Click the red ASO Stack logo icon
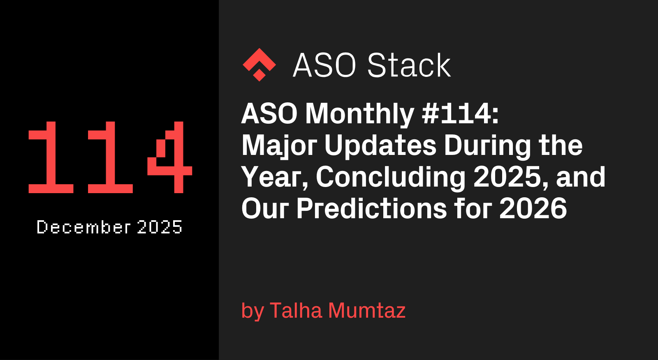click(259, 65)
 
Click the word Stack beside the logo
click(409, 65)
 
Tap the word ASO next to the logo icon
click(324, 65)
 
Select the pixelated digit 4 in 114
click(169, 157)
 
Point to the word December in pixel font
click(83, 227)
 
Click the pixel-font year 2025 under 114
click(160, 227)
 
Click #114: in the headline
click(460, 114)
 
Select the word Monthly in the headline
click(359, 114)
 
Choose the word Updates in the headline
click(380, 146)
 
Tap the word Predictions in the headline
click(371, 209)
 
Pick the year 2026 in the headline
click(533, 209)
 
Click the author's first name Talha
click(296, 310)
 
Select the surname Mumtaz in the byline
click(367, 310)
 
